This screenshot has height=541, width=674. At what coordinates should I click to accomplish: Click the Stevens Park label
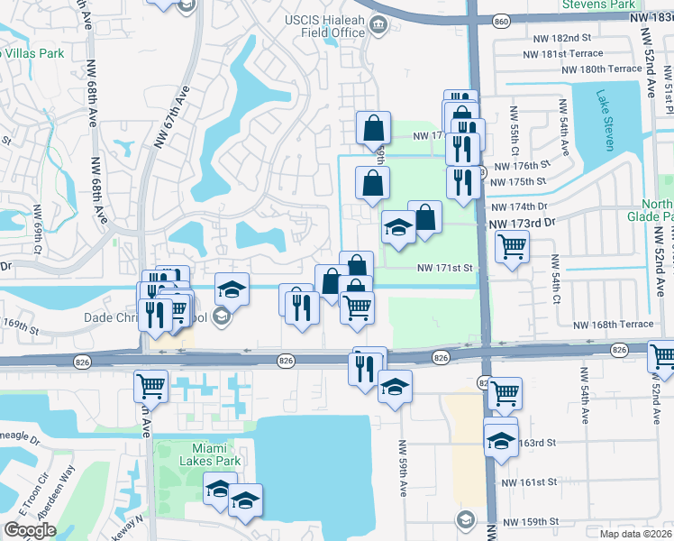[598, 5]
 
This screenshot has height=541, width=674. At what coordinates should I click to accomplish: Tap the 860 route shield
[502, 20]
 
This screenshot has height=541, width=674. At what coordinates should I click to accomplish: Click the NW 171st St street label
[444, 268]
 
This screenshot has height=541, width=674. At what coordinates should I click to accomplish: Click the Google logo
[30, 530]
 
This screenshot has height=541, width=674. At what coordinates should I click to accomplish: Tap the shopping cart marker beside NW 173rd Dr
[512, 245]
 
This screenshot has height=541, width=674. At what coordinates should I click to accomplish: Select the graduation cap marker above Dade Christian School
[232, 289]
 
